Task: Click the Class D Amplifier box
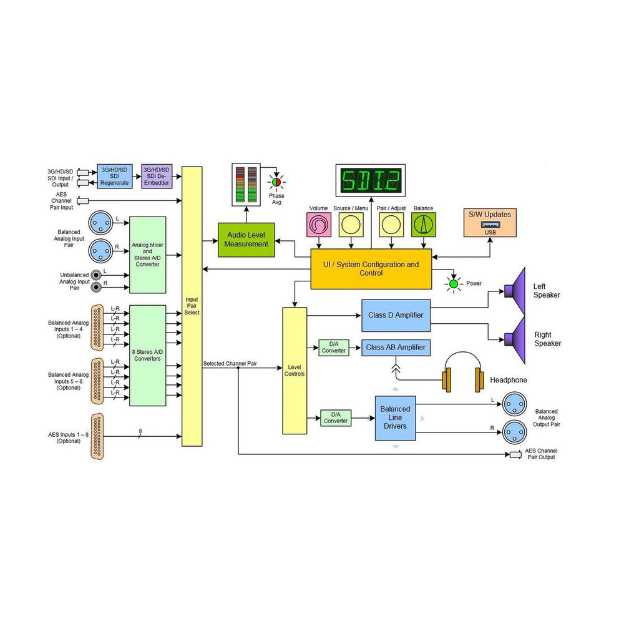[x=396, y=315]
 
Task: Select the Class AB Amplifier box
[x=396, y=348]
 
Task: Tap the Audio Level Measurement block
[x=246, y=240]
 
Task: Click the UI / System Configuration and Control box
[x=371, y=269]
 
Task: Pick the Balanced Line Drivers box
[x=395, y=417]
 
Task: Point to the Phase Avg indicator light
[x=275, y=182]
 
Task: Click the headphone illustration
[x=463, y=373]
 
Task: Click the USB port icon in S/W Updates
[x=489, y=225]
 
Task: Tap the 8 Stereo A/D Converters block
[x=147, y=355]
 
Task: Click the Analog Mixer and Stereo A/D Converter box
[x=147, y=255]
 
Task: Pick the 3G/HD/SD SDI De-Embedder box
[x=156, y=178]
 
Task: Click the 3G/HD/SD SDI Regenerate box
[x=114, y=178]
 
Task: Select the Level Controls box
[x=295, y=370]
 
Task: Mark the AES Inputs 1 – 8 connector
[x=97, y=436]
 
